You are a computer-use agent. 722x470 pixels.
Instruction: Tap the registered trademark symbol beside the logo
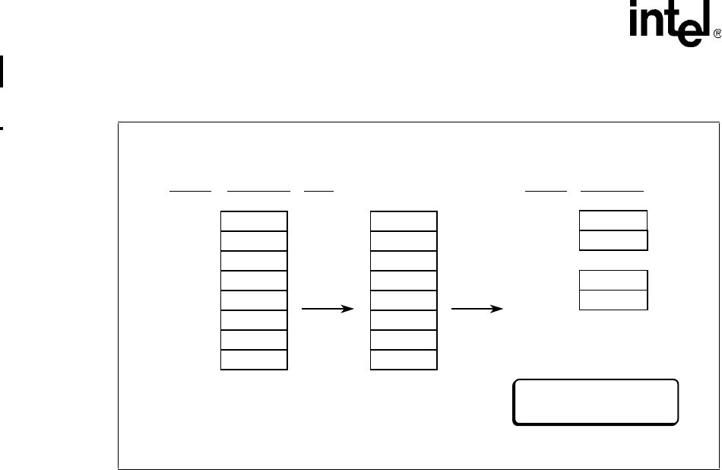point(715,35)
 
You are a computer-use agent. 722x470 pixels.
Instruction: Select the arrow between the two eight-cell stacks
point(328,310)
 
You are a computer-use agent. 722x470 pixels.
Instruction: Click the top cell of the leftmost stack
point(254,221)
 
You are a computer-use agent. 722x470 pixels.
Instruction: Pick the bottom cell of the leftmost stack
point(254,360)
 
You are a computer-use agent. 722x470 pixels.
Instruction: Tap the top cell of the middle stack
point(404,221)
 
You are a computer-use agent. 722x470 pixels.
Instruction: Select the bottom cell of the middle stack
point(404,360)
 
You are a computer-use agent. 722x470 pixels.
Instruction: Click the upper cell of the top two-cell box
point(613,221)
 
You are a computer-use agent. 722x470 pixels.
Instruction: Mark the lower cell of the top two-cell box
point(613,240)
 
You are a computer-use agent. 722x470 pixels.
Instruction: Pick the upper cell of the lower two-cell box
point(613,279)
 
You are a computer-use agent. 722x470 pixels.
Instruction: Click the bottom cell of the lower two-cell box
point(613,299)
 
